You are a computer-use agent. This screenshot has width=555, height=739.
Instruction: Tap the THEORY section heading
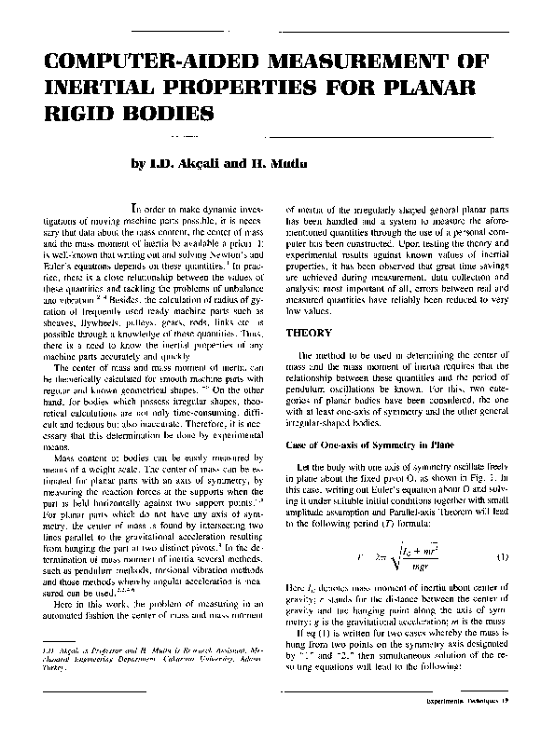click(x=308, y=331)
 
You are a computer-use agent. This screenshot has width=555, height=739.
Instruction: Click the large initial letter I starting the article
click(x=136, y=210)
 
